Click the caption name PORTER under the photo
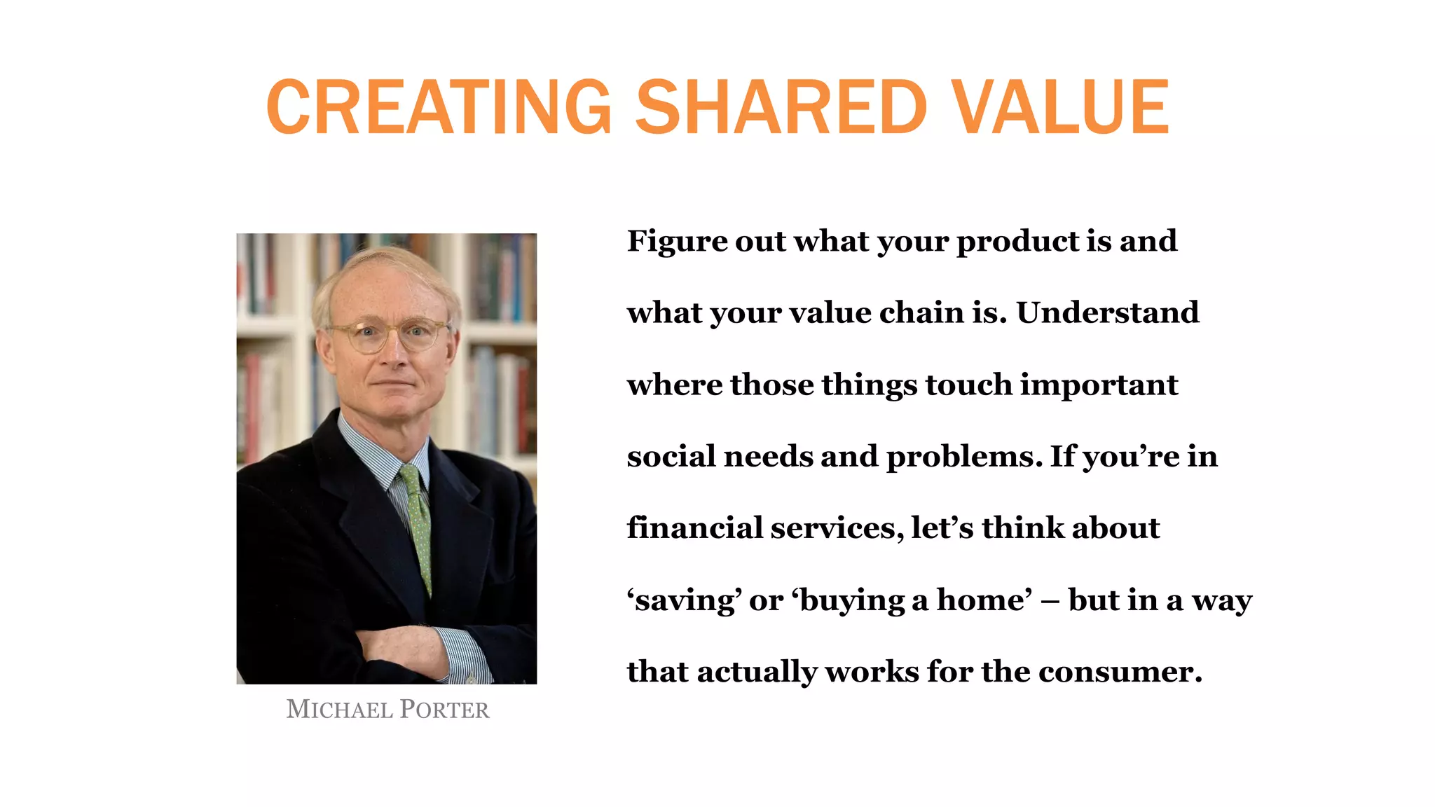point(444,710)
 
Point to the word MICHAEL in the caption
point(339,710)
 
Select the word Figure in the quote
point(668,242)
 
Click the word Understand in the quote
point(1107,312)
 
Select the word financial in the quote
point(694,527)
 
